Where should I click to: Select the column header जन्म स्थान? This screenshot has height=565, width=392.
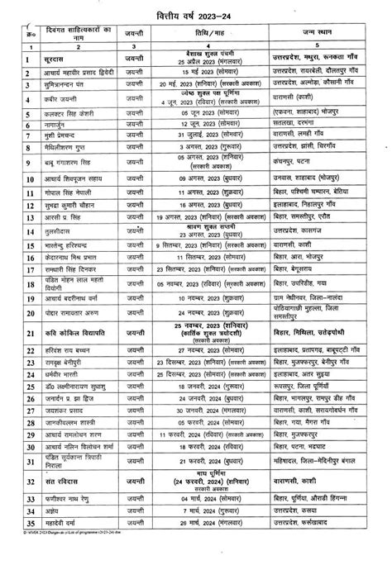324,33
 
